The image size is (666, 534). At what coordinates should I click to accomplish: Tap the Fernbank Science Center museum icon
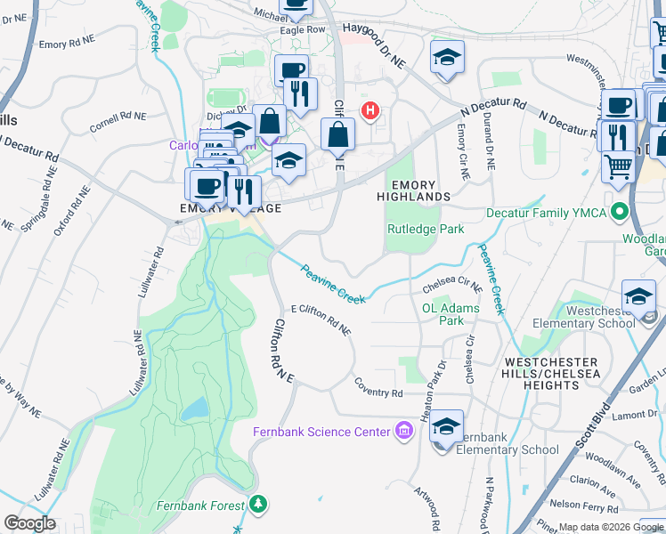tap(404, 432)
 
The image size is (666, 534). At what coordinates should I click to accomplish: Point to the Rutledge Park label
tap(426, 229)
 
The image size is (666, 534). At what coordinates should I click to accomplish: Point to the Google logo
tap(29, 523)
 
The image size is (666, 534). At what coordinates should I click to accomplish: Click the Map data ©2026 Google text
tap(611, 527)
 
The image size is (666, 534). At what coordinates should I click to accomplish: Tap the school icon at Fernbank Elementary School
tap(446, 427)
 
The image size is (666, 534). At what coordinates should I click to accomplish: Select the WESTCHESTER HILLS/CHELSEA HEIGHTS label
tap(553, 374)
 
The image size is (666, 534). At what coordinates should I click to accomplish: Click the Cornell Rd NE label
tap(118, 121)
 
